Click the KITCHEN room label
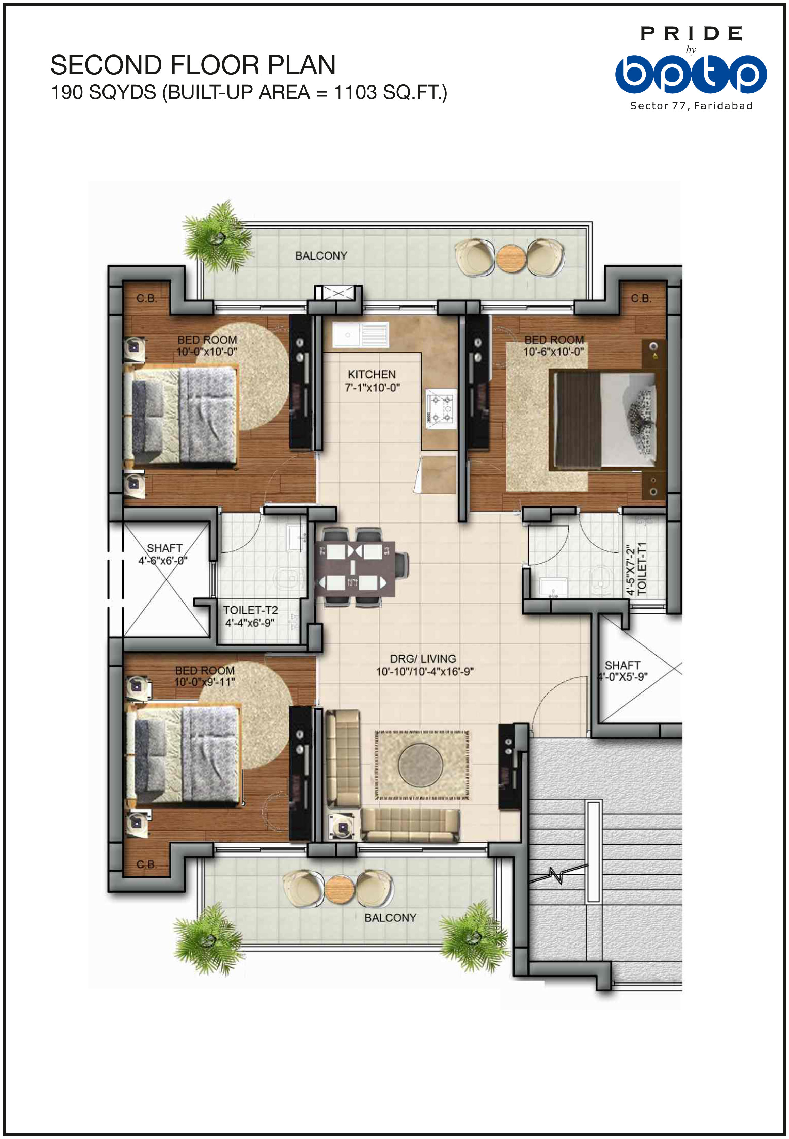(372, 374)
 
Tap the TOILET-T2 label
(250, 610)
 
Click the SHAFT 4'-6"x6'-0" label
(164, 554)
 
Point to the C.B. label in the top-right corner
(641, 299)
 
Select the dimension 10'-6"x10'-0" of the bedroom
(554, 352)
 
